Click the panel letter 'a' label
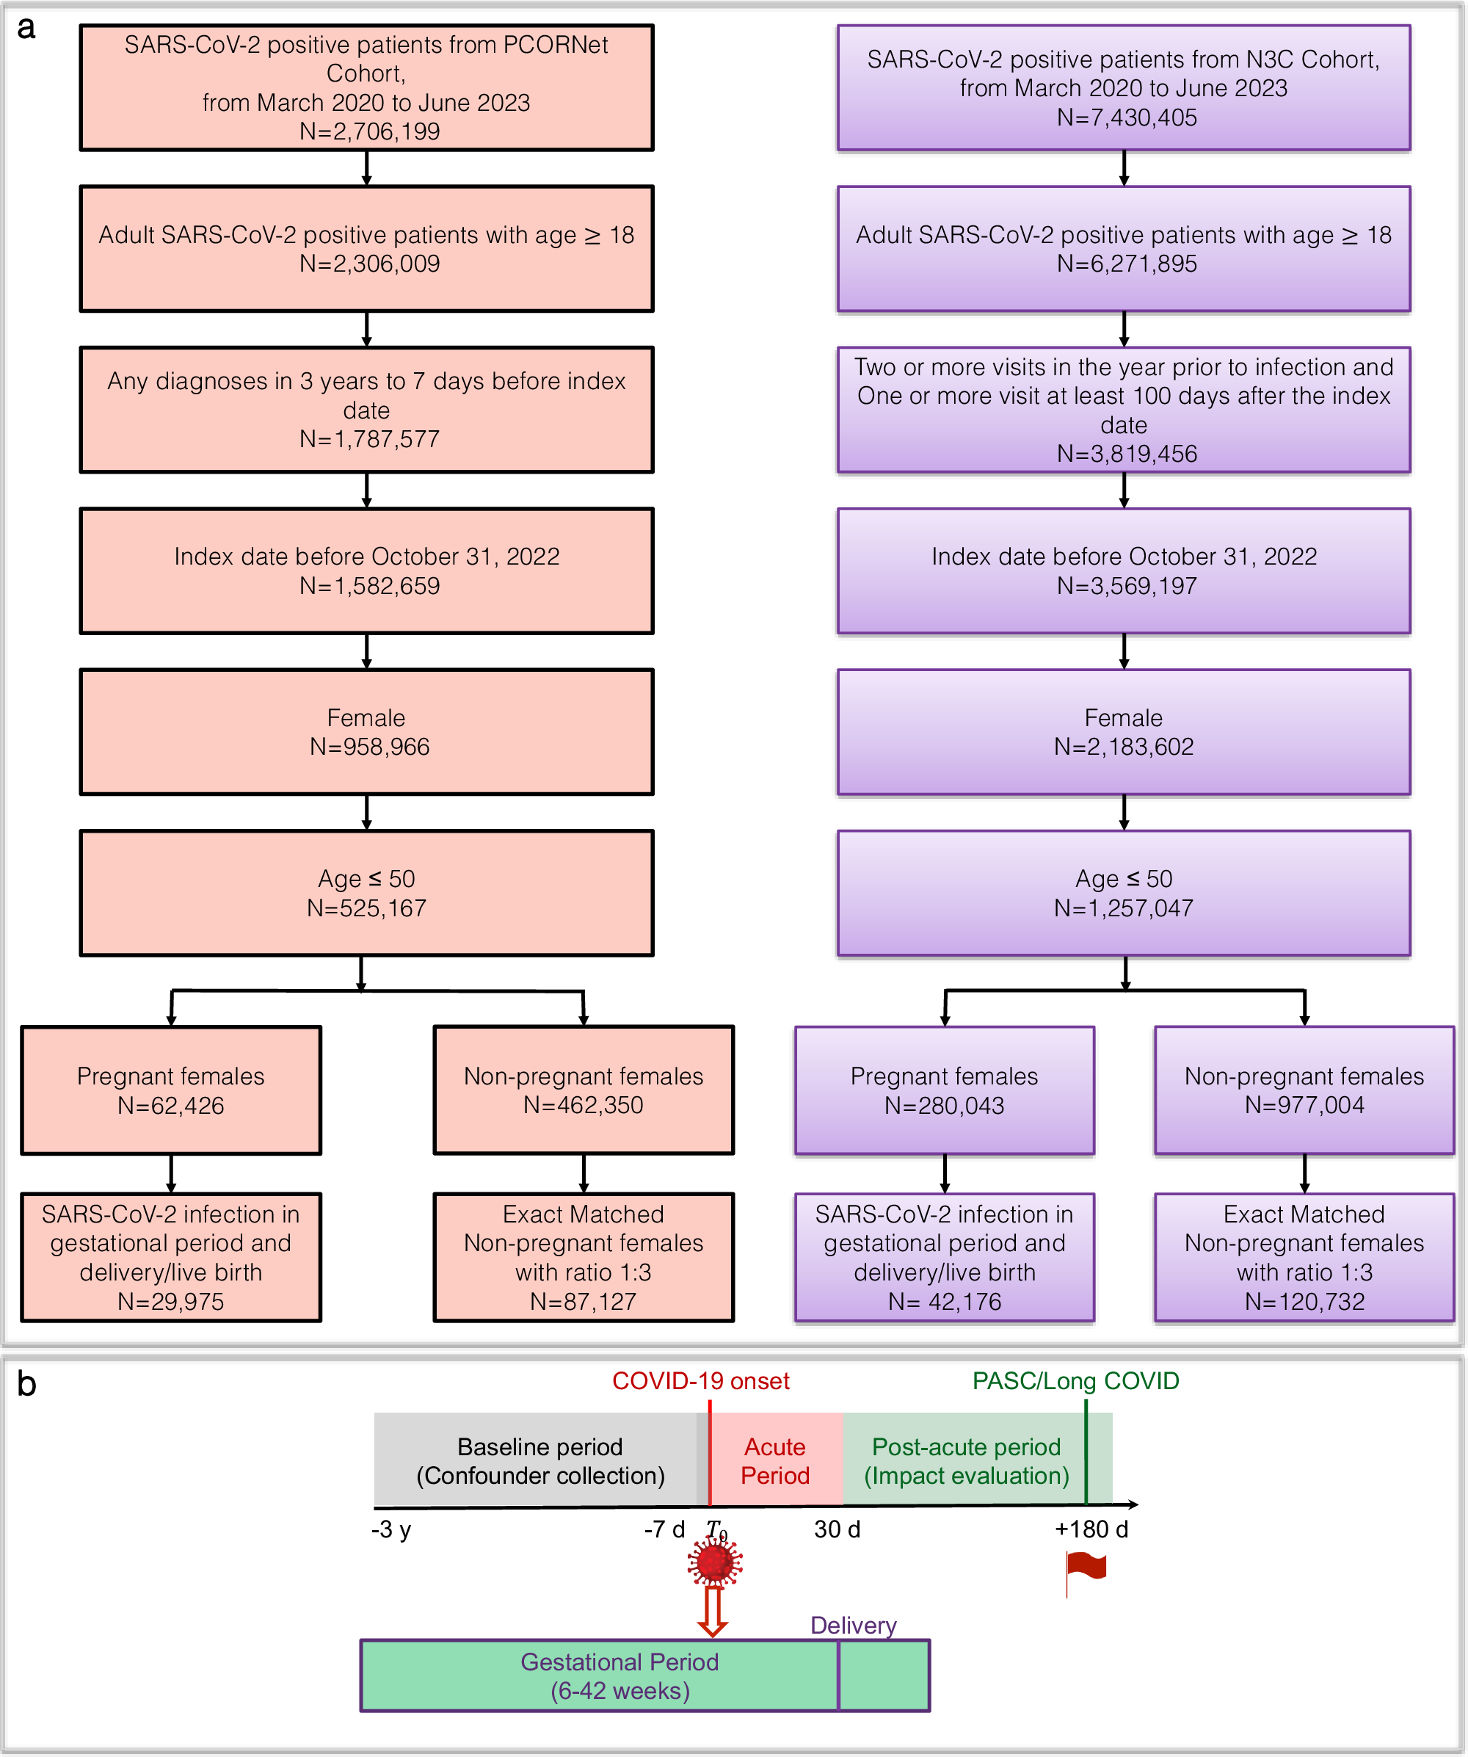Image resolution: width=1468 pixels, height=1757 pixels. tap(26, 29)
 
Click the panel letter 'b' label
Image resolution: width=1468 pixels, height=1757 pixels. tap(26, 1385)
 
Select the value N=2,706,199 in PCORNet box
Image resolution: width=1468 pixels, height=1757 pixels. tap(369, 131)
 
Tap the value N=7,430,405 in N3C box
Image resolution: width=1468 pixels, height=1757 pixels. tap(1127, 117)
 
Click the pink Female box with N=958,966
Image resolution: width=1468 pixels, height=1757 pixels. tap(366, 732)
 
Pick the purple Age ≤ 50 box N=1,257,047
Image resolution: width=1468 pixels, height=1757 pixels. tap(1123, 893)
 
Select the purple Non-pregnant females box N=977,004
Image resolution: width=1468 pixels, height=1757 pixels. tap(1304, 1090)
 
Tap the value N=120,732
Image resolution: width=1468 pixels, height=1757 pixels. tap(1304, 1302)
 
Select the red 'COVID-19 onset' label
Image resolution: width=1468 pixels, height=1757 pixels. tap(700, 1381)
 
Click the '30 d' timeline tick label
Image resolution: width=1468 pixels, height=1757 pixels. tap(837, 1529)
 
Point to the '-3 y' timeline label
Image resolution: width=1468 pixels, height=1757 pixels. tap(391, 1529)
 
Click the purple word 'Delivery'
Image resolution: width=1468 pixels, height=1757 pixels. tap(853, 1626)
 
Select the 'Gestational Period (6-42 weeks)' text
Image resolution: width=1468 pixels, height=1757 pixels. tap(619, 1676)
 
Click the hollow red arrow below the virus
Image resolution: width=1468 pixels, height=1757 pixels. tap(712, 1612)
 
